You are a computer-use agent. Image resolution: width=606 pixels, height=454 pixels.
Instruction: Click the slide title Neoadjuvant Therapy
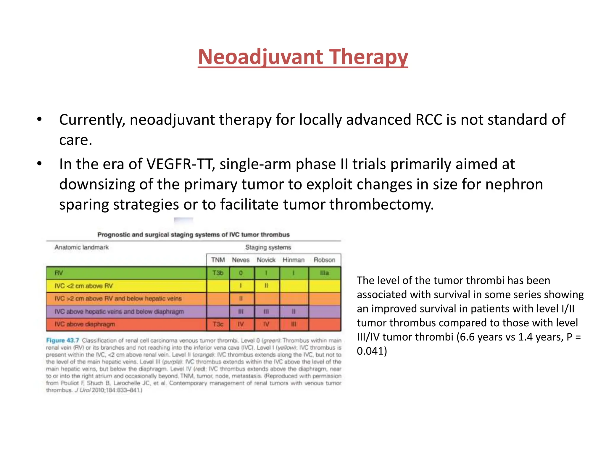303,57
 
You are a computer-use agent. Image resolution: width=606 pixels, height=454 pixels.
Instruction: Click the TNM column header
218,260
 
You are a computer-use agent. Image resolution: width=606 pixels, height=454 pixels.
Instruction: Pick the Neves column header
241,260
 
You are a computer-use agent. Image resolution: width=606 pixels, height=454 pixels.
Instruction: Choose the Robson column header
324,260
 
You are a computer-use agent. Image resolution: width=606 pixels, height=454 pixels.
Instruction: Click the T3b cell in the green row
218,273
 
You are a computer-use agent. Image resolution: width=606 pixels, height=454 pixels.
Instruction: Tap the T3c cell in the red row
218,324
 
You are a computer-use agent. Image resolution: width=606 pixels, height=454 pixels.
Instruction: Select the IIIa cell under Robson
324,273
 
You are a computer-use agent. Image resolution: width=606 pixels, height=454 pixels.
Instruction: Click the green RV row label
59,273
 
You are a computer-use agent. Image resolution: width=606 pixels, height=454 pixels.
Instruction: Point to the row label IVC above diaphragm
85,324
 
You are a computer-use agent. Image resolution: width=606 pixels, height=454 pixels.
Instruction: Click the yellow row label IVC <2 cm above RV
83,286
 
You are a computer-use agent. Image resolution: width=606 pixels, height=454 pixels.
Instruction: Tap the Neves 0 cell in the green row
241,273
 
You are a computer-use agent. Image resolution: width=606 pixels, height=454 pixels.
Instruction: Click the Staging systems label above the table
268,247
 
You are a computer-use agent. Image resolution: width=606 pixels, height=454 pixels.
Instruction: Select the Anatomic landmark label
82,247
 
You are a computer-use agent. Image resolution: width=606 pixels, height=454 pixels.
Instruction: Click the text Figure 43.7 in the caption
62,340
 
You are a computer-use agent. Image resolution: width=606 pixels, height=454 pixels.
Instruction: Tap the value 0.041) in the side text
372,351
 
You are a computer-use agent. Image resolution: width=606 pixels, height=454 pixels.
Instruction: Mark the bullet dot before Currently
39,120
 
